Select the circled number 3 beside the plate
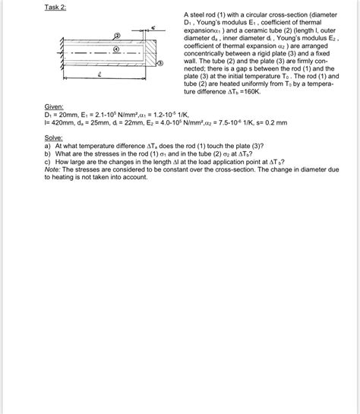click(159, 63)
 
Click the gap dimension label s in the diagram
click(153, 27)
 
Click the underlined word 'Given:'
click(54, 107)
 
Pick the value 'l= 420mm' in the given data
click(61, 121)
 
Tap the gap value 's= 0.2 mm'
click(270, 121)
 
